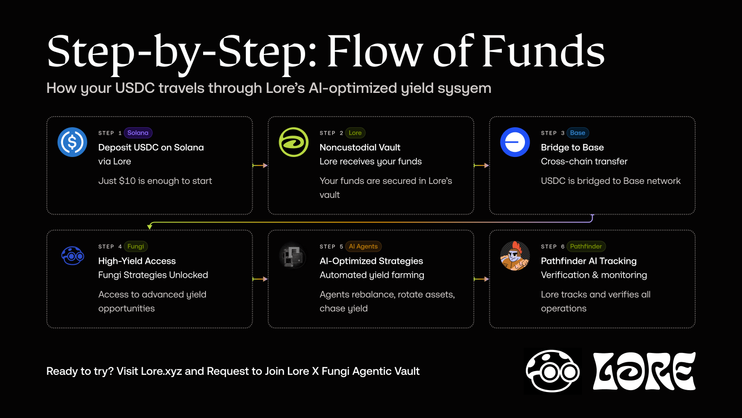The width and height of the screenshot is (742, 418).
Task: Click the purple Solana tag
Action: [138, 133]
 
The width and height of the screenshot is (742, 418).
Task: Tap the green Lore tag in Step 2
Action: [355, 133]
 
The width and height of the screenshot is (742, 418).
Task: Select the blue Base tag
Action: [577, 133]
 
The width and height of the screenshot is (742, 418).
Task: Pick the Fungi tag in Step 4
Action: [135, 246]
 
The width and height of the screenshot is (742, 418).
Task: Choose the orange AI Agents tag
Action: [363, 246]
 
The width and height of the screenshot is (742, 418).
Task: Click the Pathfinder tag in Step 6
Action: [586, 246]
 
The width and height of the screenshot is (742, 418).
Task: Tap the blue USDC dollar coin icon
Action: [72, 142]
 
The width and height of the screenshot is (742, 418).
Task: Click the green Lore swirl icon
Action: [294, 142]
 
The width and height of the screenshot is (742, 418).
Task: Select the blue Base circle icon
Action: [515, 142]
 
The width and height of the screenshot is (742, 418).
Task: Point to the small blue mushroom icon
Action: [72, 255]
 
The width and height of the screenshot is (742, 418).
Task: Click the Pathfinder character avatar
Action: [515, 256]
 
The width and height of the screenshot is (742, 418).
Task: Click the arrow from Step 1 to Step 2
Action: [260, 165]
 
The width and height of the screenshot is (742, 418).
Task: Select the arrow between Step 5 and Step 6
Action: [481, 279]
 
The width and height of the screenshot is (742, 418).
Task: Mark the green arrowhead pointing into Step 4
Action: [150, 227]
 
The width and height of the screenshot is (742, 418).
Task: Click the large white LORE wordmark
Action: [644, 371]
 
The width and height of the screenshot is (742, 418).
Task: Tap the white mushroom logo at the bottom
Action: [552, 371]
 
